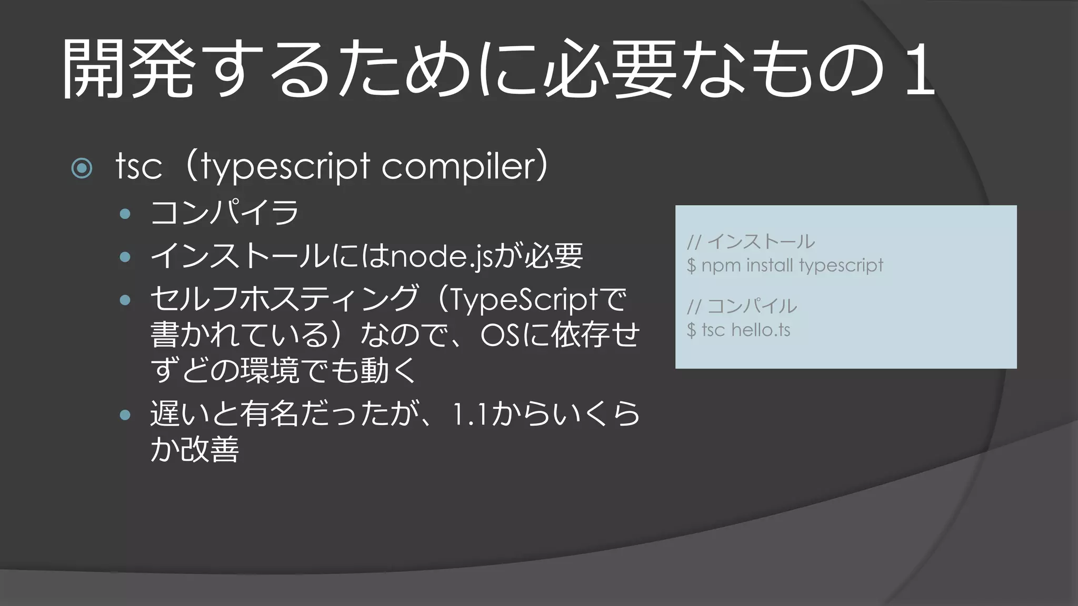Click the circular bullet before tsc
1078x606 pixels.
tap(82, 168)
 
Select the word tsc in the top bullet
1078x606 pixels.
tap(138, 167)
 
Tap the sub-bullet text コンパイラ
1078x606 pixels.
tap(224, 213)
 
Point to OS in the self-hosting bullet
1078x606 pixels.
tap(500, 335)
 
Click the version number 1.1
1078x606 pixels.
tap(471, 415)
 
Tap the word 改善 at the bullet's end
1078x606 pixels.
tap(209, 449)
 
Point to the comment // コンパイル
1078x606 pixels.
tap(742, 306)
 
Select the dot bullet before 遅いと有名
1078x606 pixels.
tap(125, 415)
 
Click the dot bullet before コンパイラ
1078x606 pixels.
tap(125, 214)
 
